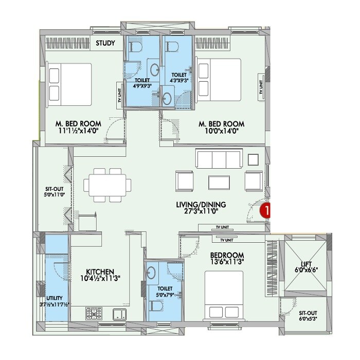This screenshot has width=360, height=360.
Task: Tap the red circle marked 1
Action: (266, 210)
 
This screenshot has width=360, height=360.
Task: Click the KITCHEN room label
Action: (100, 272)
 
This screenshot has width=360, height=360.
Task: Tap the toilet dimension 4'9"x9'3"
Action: (142, 87)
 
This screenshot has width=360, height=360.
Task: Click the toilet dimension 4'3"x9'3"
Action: (178, 81)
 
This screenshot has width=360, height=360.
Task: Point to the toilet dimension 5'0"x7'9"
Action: (165, 294)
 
